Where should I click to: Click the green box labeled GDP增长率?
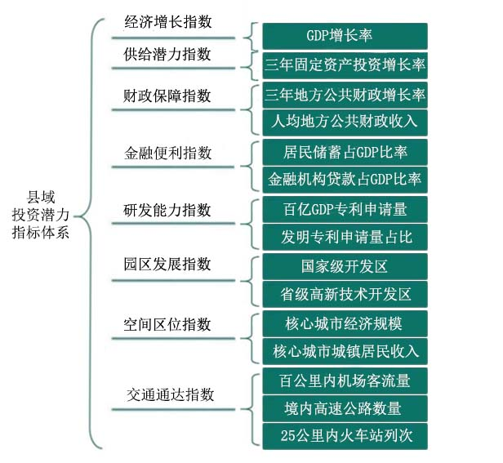pos(345,36)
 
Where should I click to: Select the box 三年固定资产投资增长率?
pos(345,65)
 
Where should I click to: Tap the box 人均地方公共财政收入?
pos(345,122)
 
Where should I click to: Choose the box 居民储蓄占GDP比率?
pos(345,152)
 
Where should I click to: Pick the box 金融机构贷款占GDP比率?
pos(345,180)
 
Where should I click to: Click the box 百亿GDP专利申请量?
pos(345,210)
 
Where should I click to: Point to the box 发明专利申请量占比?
pos(345,237)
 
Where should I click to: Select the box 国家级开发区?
pos(345,266)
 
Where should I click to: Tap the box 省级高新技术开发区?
pos(345,294)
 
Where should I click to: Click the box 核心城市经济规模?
pos(345,323)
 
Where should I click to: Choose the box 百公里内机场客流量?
pos(345,381)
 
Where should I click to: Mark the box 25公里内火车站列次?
pos(345,436)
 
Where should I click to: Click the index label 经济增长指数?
pos(168,22)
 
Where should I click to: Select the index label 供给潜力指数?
pos(167,54)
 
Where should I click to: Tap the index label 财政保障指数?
pos(167,96)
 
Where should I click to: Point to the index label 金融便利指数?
pos(167,153)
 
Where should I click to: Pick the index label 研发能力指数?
pos(167,211)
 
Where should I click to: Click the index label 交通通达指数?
pos(170,394)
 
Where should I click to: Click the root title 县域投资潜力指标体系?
pos(41,215)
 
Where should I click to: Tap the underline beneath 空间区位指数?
pos(173,339)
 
